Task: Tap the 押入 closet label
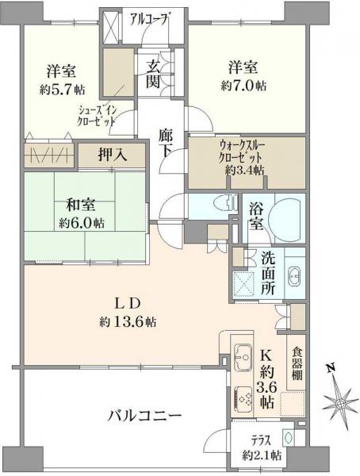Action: pyautogui.click(x=111, y=154)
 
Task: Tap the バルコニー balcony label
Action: pyautogui.click(x=145, y=416)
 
